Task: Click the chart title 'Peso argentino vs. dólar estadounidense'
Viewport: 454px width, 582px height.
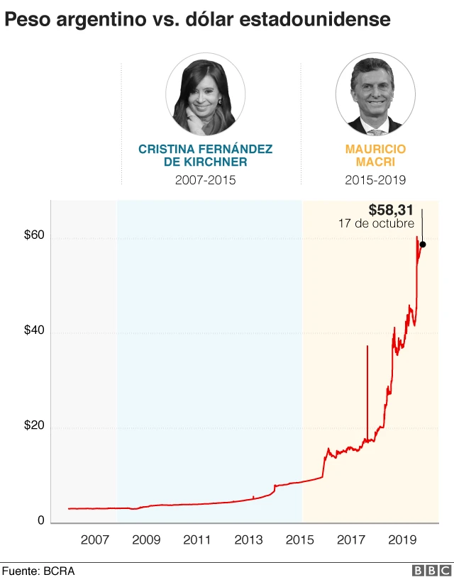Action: pos(198,20)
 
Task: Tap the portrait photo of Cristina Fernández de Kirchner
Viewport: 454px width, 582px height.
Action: pos(205,96)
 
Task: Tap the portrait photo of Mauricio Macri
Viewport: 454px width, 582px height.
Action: pos(375,96)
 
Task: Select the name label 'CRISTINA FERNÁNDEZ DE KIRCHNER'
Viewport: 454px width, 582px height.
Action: pos(205,155)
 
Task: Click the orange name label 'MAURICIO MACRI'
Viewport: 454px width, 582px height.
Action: pos(375,155)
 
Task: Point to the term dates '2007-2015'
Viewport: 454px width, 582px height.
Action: pos(205,180)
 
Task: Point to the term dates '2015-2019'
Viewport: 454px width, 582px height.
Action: pos(375,180)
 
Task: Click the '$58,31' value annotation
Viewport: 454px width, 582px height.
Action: pos(392,211)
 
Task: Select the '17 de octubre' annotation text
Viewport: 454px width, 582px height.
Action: pos(376,223)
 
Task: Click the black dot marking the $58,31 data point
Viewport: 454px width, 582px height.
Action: pos(423,245)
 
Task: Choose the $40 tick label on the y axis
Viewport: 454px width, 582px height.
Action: pos(34,331)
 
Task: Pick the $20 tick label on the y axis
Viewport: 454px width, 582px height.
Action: pos(34,426)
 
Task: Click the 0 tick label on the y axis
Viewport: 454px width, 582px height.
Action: pos(41,521)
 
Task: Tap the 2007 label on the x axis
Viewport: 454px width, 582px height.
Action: pos(94,540)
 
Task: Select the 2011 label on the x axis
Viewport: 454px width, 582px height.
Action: pos(196,540)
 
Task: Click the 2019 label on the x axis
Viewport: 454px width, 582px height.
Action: pos(402,540)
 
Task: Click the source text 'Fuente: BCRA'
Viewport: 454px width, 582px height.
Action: pos(38,571)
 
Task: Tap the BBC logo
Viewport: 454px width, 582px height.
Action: pos(430,571)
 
